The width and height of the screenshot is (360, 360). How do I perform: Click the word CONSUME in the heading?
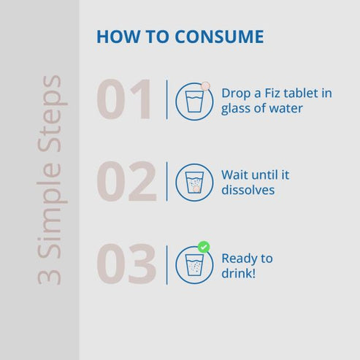pos(219,37)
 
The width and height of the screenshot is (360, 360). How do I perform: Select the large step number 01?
pos(123,99)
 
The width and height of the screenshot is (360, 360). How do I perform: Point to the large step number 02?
pos(126,181)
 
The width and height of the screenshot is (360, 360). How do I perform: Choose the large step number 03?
pos(126,264)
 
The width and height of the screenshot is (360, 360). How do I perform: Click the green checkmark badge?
pos(204,248)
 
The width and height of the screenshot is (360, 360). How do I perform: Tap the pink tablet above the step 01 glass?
pos(205,86)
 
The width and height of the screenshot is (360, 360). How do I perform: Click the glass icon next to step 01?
pos(194,102)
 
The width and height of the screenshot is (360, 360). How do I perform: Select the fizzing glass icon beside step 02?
pos(194,183)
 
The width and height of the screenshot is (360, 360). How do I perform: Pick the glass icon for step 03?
pos(194,265)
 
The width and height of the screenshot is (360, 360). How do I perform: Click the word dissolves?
pos(248,190)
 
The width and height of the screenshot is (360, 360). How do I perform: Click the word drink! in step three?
pos(239,273)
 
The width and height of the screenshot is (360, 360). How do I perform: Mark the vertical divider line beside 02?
pos(166,182)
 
